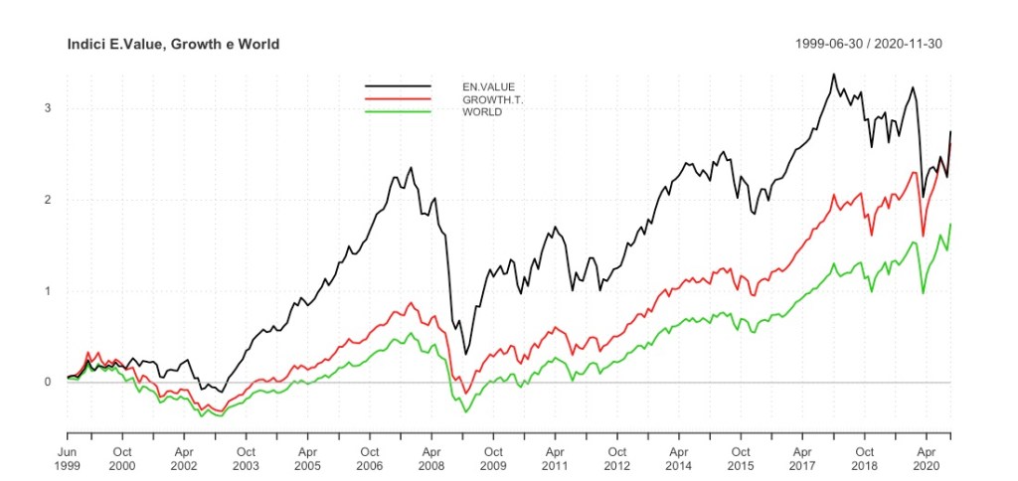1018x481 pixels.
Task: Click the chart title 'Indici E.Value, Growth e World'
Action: click(173, 45)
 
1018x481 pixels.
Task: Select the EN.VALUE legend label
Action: click(488, 87)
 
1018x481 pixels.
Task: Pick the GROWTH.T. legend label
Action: click(492, 99)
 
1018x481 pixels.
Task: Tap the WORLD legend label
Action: click(482, 111)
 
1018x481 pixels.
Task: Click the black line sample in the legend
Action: click(399, 87)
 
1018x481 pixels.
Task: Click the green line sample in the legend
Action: click(399, 111)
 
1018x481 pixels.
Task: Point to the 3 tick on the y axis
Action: click(47, 108)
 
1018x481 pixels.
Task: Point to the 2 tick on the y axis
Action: click(47, 200)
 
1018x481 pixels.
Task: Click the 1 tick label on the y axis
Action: click(47, 291)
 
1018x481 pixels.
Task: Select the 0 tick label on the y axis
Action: click(47, 383)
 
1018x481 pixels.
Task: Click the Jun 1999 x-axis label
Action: click(68, 457)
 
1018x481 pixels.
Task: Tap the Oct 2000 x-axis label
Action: click(122, 457)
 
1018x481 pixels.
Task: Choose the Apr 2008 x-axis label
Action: click(431, 457)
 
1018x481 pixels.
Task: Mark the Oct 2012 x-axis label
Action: click(617, 457)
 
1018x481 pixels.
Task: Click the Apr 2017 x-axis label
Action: click(802, 457)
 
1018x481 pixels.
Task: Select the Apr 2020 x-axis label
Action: click(926, 457)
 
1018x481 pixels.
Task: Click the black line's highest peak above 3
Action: click(833, 75)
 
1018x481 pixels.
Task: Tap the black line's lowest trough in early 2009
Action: click(466, 354)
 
